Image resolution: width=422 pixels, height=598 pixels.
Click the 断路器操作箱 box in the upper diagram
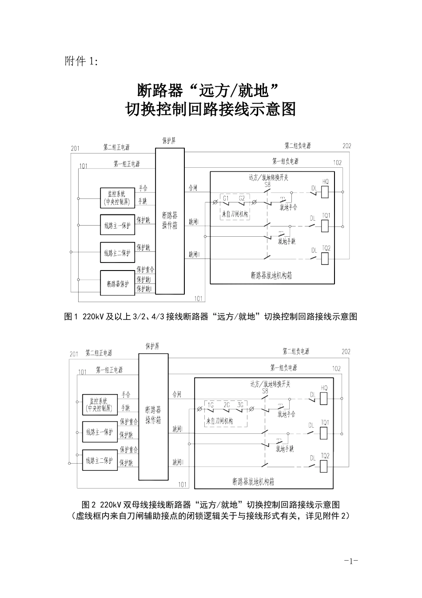pos(170,221)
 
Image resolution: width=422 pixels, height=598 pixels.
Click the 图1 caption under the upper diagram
pos(211,316)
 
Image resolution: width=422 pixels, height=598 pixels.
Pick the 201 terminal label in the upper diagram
pos(75,148)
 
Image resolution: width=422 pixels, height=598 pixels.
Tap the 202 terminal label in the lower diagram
pos(346,352)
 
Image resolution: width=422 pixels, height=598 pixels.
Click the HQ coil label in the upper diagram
pos(325,182)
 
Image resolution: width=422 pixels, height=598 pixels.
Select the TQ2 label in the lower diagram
pos(325,456)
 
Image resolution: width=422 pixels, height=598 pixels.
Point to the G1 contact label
pos(226,198)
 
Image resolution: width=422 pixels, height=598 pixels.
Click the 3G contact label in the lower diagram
pos(240,405)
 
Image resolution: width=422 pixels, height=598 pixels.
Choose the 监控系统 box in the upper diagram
pos(117,198)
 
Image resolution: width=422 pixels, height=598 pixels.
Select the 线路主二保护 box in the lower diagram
pos(100,460)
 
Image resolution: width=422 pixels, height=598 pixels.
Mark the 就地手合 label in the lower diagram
pos(286,414)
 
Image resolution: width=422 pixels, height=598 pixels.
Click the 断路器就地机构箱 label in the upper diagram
pos(271,275)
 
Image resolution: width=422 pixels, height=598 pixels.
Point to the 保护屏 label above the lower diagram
pos(152,345)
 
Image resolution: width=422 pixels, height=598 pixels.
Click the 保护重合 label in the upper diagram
pos(145,270)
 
